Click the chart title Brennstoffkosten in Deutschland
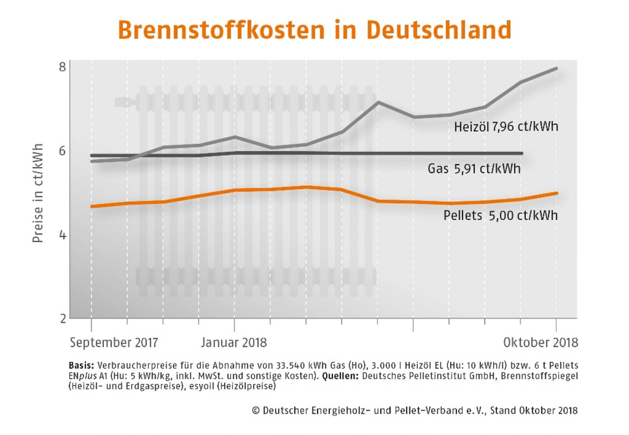(314, 30)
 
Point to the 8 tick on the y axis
(63, 67)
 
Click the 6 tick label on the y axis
(63, 151)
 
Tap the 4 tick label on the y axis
(63, 235)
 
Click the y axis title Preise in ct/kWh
(38, 193)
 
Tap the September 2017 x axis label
(114, 343)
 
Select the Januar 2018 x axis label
(234, 343)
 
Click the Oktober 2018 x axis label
(540, 343)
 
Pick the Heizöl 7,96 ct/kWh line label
(506, 127)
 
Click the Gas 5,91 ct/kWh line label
(474, 169)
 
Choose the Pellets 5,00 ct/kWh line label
(500, 215)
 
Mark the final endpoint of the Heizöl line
(556, 69)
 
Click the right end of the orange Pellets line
(556, 193)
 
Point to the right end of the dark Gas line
(521, 153)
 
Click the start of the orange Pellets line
(92, 206)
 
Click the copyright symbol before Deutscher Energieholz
(256, 410)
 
